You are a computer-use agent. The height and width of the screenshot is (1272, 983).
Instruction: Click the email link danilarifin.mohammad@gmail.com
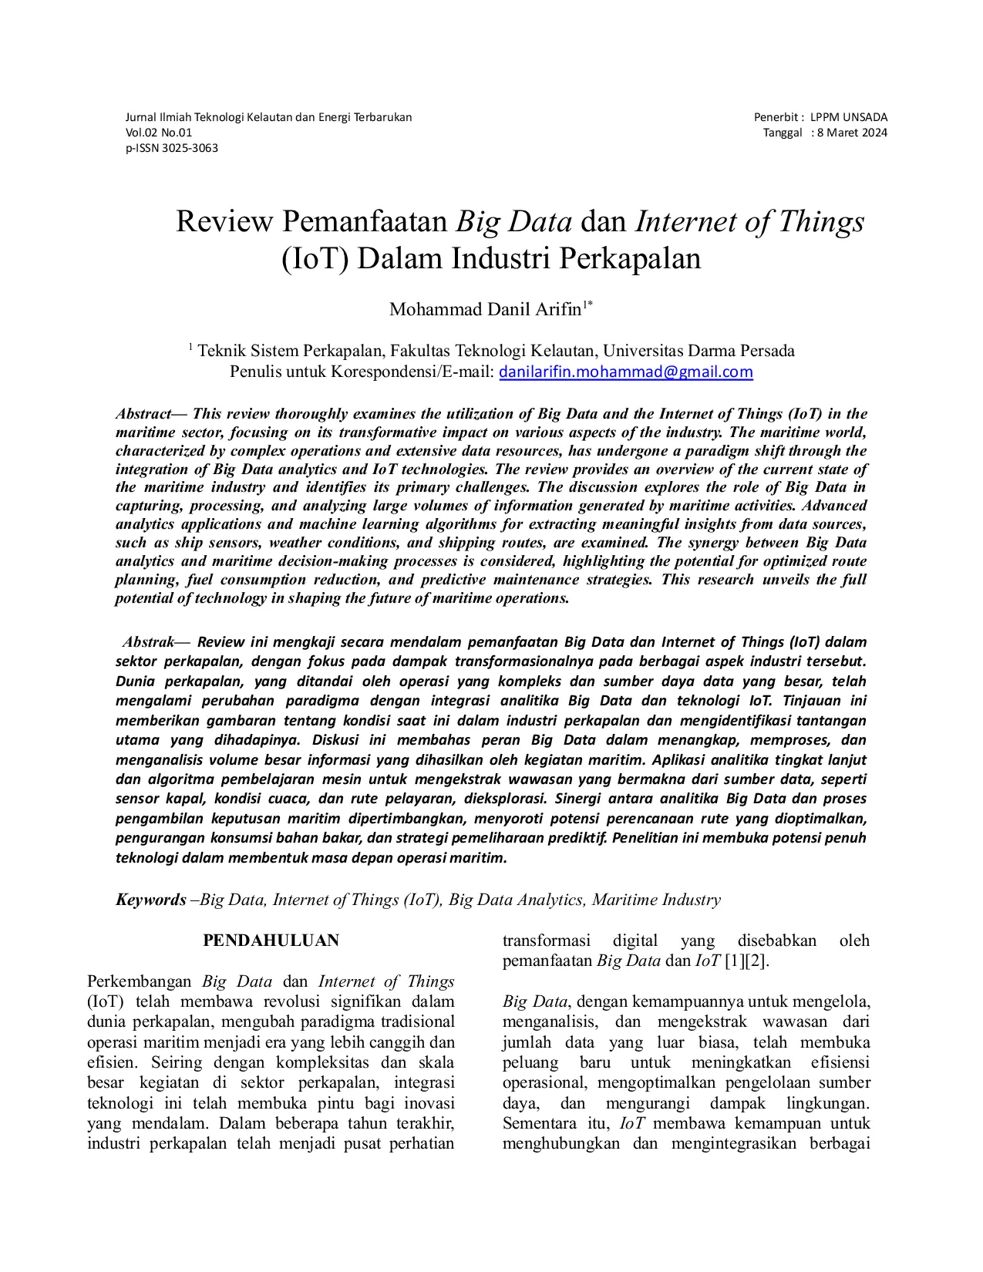click(625, 372)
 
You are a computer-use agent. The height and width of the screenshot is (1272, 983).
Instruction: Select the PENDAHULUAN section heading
click(271, 941)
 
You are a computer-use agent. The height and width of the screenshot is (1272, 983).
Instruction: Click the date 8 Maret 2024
click(852, 133)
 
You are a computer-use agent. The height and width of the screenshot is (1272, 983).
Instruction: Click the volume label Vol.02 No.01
click(159, 133)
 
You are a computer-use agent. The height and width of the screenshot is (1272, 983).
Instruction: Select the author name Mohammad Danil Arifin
click(485, 310)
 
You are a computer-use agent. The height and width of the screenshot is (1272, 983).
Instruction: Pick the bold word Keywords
click(151, 900)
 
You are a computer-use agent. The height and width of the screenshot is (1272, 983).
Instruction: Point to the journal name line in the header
click(268, 117)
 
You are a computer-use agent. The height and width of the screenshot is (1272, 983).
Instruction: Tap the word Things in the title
click(821, 222)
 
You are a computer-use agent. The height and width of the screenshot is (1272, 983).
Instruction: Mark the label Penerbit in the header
click(776, 117)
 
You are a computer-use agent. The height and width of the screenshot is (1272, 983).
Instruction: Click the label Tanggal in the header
click(783, 133)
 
